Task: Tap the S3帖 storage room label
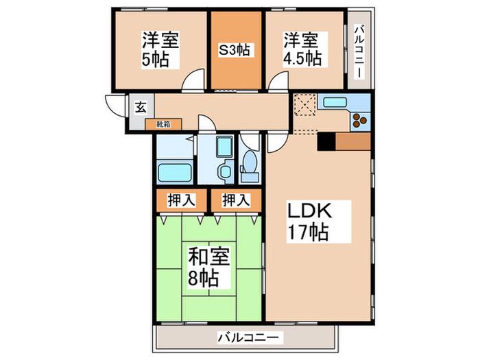click(x=235, y=50)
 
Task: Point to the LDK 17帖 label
click(x=309, y=221)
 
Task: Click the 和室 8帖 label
click(x=208, y=267)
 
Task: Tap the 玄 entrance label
click(x=141, y=108)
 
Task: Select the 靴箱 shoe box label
click(x=163, y=124)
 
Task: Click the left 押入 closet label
click(x=181, y=200)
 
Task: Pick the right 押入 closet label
click(x=236, y=200)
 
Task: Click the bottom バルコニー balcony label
click(x=248, y=338)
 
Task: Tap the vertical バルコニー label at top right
click(x=359, y=52)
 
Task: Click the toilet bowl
click(x=250, y=162)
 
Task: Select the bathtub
click(x=175, y=173)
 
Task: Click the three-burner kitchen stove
click(x=359, y=120)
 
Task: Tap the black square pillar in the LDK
click(x=326, y=141)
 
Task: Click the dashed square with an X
click(x=305, y=104)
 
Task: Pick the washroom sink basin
click(x=226, y=171)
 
